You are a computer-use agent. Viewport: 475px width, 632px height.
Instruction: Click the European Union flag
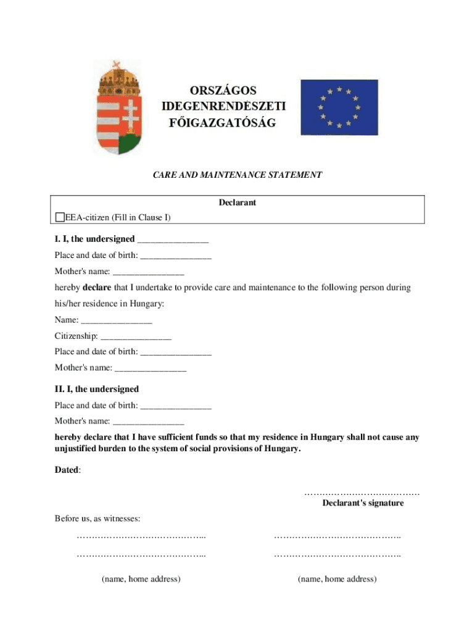[x=339, y=107]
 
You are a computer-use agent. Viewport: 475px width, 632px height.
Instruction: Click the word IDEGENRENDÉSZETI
[x=223, y=106]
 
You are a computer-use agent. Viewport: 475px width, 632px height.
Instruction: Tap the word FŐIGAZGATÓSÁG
[x=223, y=123]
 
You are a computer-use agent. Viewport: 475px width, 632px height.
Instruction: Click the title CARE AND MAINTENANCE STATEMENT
[x=238, y=175]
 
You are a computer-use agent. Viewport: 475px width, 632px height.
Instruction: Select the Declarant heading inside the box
[x=238, y=202]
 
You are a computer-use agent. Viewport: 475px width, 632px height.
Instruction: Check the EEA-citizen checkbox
[x=59, y=217]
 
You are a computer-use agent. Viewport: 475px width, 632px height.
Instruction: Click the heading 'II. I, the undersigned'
[x=97, y=389]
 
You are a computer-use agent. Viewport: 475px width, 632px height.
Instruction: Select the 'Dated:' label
[x=67, y=470]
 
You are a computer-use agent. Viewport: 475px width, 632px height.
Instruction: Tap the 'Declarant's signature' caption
[x=363, y=503]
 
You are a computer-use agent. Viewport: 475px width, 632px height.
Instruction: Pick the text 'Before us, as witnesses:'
[x=97, y=518]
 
